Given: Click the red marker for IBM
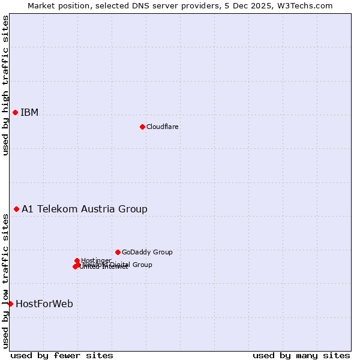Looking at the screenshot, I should tap(16, 113).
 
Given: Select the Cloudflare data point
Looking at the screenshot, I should tap(142, 127).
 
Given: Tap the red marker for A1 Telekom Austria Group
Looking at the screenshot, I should tap(17, 209).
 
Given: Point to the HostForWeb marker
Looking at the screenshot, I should tap(10, 304).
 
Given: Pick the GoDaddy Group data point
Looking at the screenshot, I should tap(118, 252).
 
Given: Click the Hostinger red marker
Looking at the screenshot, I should tap(77, 260).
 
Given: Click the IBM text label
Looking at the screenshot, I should tap(29, 113).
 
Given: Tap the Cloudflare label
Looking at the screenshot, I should tap(163, 127).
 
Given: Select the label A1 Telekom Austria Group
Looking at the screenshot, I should tap(85, 209).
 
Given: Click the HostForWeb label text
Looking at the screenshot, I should tap(44, 304).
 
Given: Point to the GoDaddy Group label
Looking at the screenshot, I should tap(147, 252).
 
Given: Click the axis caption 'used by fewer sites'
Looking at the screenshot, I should tap(62, 355).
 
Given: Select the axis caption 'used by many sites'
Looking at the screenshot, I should tap(301, 355).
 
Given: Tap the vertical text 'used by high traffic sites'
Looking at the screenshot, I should tap(5, 85).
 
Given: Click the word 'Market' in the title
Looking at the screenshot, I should tap(41, 5).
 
